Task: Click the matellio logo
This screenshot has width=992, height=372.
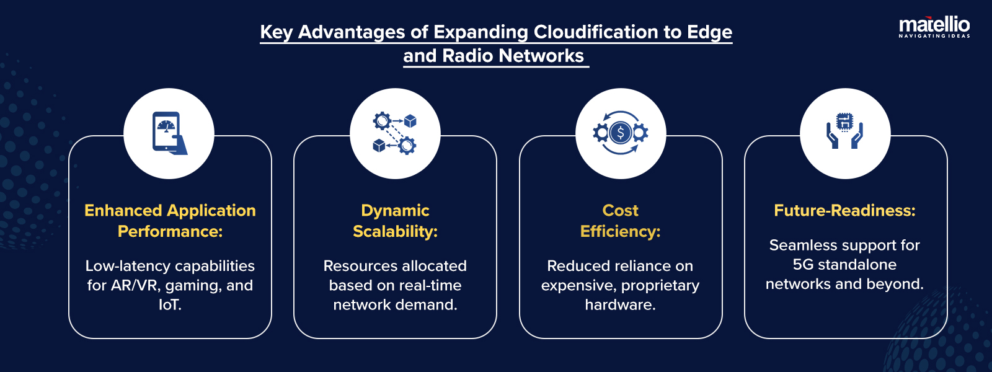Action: pos(934,25)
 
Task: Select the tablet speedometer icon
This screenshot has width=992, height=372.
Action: pos(169,133)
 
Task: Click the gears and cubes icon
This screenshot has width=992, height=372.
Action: pos(394,133)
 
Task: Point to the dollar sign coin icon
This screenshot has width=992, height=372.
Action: pos(620,133)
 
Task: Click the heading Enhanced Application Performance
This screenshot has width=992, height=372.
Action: pos(170,221)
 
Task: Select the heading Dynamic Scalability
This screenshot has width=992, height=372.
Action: pos(395,221)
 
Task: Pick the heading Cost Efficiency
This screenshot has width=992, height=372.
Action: pos(620,221)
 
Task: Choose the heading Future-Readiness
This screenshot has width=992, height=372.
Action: pos(844,211)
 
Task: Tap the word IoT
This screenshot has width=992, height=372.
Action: pos(169,305)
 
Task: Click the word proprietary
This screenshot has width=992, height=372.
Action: pos(660,286)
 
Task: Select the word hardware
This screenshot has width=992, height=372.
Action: pos(619,305)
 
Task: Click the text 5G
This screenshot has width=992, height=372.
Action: pos(803,265)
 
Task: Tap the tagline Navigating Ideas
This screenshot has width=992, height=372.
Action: pos(934,37)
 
